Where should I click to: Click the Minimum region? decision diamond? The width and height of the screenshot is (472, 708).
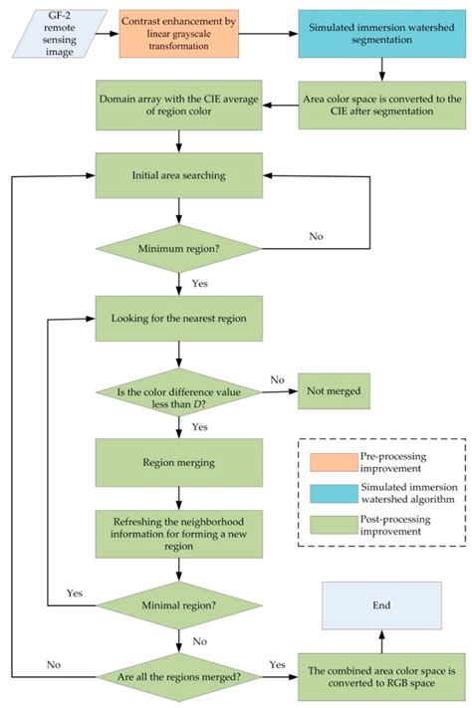click(x=177, y=246)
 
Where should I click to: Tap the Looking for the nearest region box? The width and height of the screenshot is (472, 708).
click(x=177, y=321)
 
